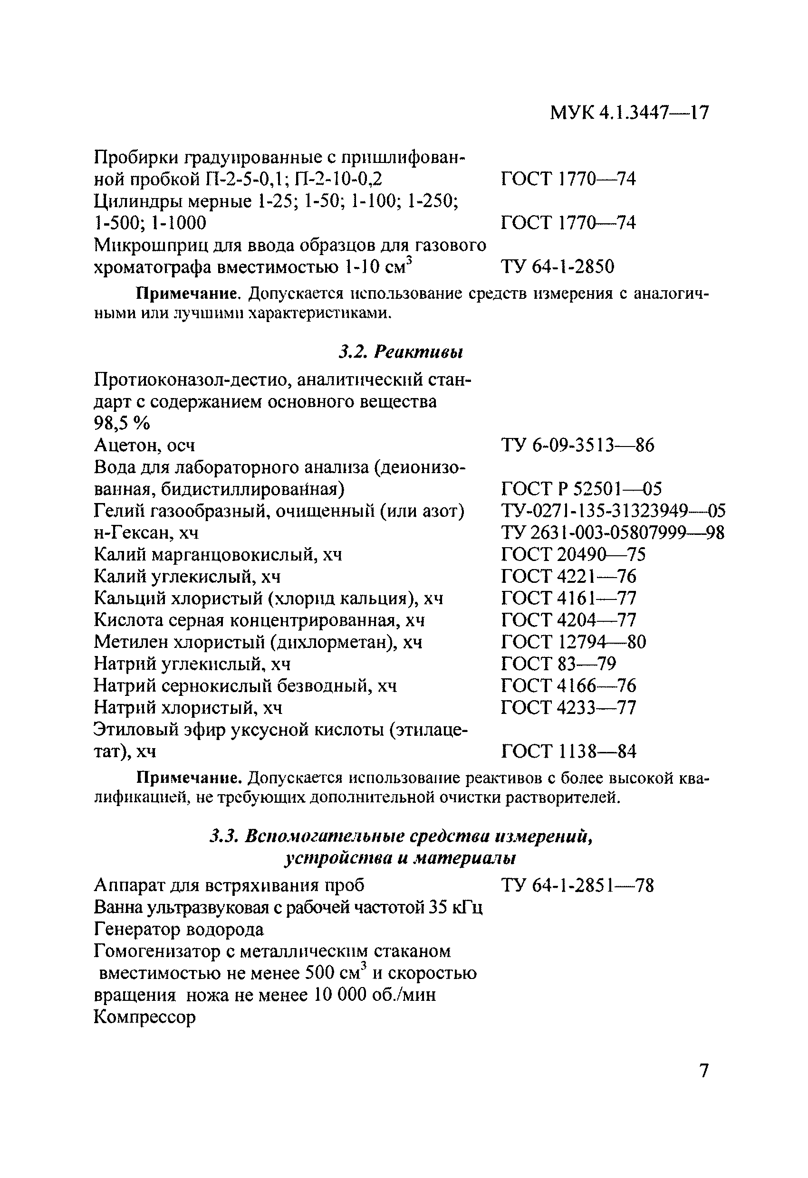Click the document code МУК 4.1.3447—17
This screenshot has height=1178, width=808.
click(629, 113)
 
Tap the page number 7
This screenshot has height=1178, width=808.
click(703, 1071)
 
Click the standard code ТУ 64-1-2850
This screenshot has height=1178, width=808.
click(558, 266)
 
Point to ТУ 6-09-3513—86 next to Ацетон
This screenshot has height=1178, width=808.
click(577, 445)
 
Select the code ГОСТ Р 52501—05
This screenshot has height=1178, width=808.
click(581, 489)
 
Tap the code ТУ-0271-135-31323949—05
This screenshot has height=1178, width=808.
click(613, 511)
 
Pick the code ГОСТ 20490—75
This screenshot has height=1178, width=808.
click(573, 554)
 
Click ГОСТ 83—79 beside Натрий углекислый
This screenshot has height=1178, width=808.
click(558, 664)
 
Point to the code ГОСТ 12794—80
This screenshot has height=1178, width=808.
click(573, 642)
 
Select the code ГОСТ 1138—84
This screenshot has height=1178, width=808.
click(568, 751)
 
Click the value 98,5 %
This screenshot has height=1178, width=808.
click(122, 423)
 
